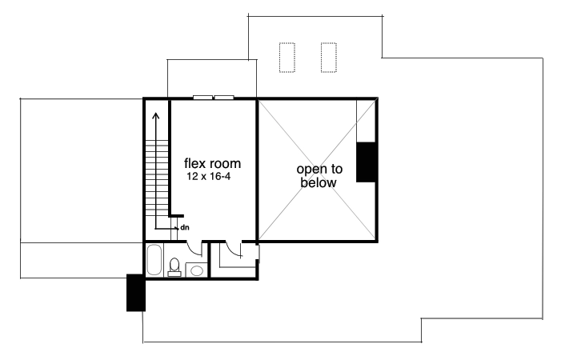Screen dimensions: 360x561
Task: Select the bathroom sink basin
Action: point(195,270)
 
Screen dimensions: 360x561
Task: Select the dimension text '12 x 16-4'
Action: point(210,174)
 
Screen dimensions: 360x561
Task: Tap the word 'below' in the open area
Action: point(319,182)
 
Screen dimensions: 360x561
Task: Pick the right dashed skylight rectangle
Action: point(328,57)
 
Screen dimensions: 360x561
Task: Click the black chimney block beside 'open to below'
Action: point(367,162)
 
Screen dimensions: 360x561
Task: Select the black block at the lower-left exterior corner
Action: point(135,293)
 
